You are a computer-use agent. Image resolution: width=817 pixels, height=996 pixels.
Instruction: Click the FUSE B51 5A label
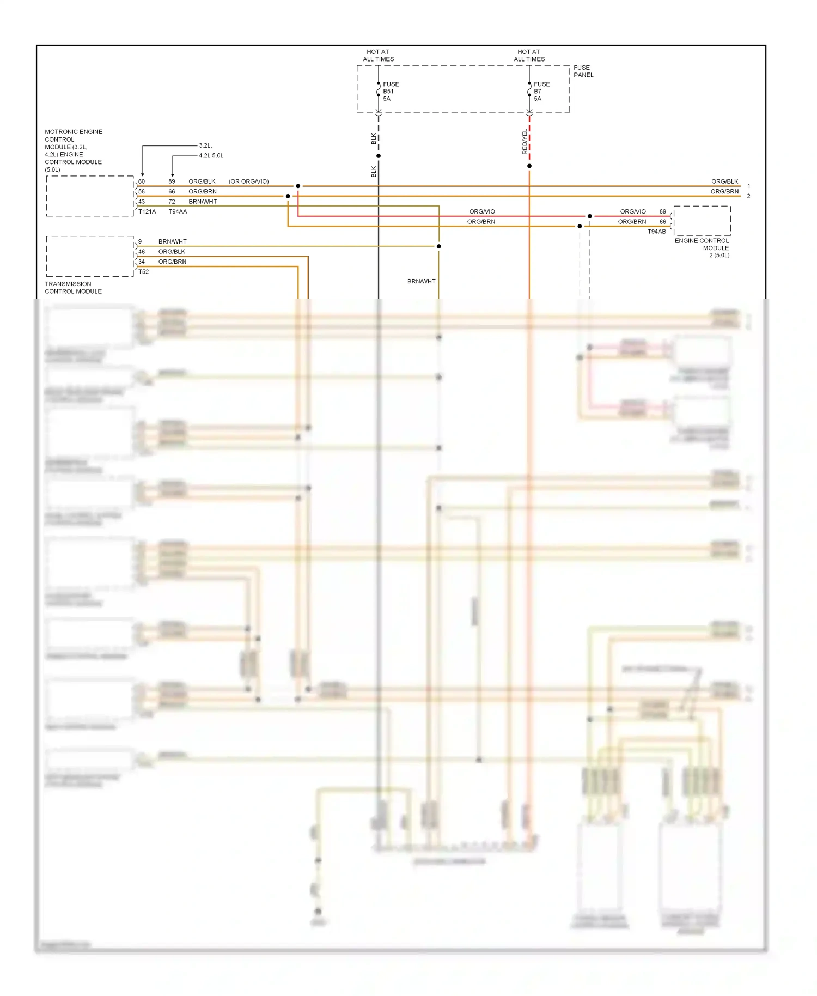click(391, 91)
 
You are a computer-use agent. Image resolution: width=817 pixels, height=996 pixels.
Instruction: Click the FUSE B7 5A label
click(541, 91)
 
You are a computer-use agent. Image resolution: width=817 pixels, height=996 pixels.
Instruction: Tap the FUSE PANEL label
click(583, 71)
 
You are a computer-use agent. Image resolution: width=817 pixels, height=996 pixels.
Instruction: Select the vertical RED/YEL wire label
click(525, 142)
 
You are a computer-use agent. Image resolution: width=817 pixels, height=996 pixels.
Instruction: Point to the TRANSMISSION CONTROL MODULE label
click(73, 288)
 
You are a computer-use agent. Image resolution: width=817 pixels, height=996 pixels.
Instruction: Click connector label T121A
click(147, 211)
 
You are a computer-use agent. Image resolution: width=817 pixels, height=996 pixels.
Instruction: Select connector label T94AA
click(178, 211)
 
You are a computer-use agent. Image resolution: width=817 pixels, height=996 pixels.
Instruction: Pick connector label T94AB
click(656, 232)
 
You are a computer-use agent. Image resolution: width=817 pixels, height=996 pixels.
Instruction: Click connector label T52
click(143, 272)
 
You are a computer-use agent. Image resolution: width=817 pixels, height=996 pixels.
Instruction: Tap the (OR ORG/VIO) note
click(248, 181)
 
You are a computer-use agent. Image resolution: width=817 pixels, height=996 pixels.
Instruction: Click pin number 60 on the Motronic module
click(142, 181)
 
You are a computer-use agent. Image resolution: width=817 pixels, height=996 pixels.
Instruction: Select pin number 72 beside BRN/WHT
click(172, 202)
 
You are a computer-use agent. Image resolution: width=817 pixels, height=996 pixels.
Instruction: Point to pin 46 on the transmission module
click(142, 252)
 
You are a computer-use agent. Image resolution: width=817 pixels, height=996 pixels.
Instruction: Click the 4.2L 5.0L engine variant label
click(211, 156)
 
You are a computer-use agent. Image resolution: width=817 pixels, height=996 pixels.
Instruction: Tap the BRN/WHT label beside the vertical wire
click(421, 281)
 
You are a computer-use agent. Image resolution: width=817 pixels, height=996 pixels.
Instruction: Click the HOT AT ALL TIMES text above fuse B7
click(529, 56)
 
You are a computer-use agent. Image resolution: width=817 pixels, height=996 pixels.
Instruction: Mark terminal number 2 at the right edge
click(748, 196)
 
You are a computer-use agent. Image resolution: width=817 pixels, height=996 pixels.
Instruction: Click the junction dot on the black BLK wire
click(379, 156)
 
